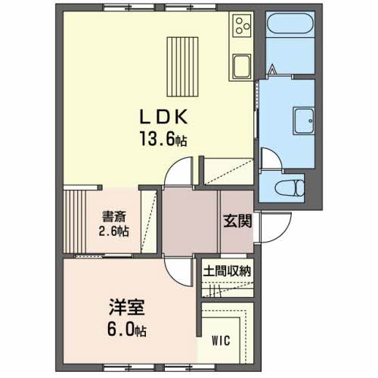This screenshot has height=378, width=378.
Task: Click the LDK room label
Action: click(x=163, y=117)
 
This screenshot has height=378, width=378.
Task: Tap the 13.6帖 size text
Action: click(x=163, y=139)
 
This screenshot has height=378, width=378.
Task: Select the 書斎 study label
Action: click(x=113, y=216)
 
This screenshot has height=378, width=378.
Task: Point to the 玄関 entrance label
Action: click(x=237, y=221)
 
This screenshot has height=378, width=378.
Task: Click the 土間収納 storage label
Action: click(x=228, y=271)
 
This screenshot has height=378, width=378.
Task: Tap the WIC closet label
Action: click(x=221, y=341)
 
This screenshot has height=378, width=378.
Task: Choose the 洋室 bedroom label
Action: click(x=127, y=307)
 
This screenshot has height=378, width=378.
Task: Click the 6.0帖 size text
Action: click(x=127, y=330)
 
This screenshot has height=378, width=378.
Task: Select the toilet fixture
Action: click(x=290, y=187)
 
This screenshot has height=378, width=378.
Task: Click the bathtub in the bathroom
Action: click(x=290, y=23)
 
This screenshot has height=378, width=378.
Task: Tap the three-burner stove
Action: click(x=242, y=25)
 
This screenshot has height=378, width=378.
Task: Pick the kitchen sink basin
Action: click(x=242, y=66)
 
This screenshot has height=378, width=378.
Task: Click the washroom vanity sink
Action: click(x=304, y=121)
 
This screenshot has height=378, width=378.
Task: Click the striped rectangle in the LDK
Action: click(x=182, y=67)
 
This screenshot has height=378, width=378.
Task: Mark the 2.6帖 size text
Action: click(x=113, y=231)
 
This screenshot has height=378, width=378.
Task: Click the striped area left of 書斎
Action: click(x=75, y=222)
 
